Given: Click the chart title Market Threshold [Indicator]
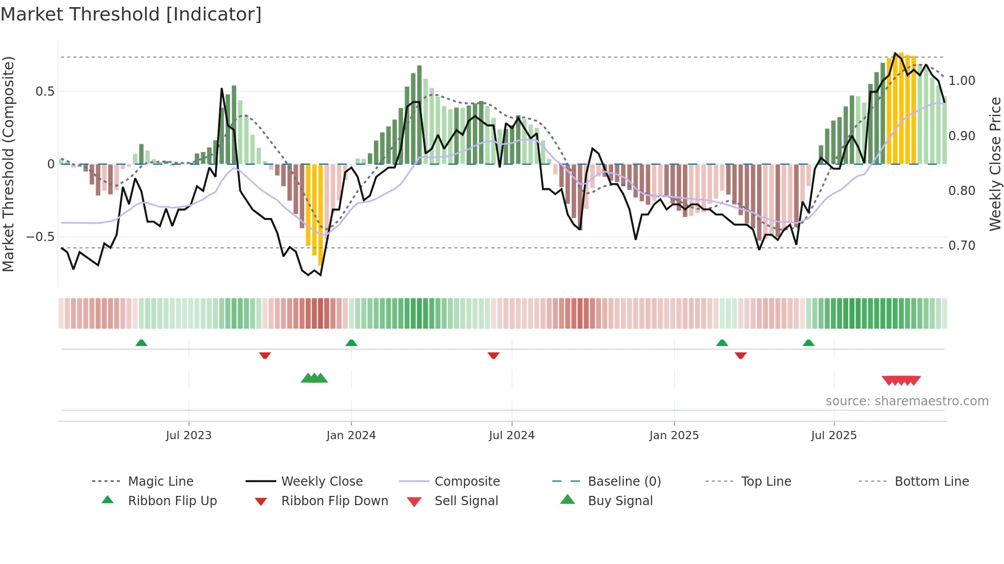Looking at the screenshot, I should pyautogui.click(x=131, y=14).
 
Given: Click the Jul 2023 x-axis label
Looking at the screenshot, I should pyautogui.click(x=189, y=436).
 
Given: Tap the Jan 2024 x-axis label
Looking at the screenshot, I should pyautogui.click(x=351, y=436).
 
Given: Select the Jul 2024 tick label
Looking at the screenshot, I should pyautogui.click(x=512, y=436).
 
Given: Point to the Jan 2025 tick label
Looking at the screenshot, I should pyautogui.click(x=674, y=436).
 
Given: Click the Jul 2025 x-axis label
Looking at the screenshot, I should pyautogui.click(x=833, y=436).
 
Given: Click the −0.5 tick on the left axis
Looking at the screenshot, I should pyautogui.click(x=40, y=237).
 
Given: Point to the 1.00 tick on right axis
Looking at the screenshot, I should pyautogui.click(x=961, y=81).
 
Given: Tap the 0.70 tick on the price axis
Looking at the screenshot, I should pyautogui.click(x=961, y=246).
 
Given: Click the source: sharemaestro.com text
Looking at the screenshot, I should pyautogui.click(x=907, y=401).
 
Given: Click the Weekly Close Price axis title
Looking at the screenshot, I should pyautogui.click(x=995, y=164).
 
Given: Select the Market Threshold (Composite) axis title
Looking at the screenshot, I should pyautogui.click(x=8, y=164).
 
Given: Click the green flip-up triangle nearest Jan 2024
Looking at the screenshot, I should pyautogui.click(x=351, y=343).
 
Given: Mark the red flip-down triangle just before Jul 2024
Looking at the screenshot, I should pyautogui.click(x=493, y=355).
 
